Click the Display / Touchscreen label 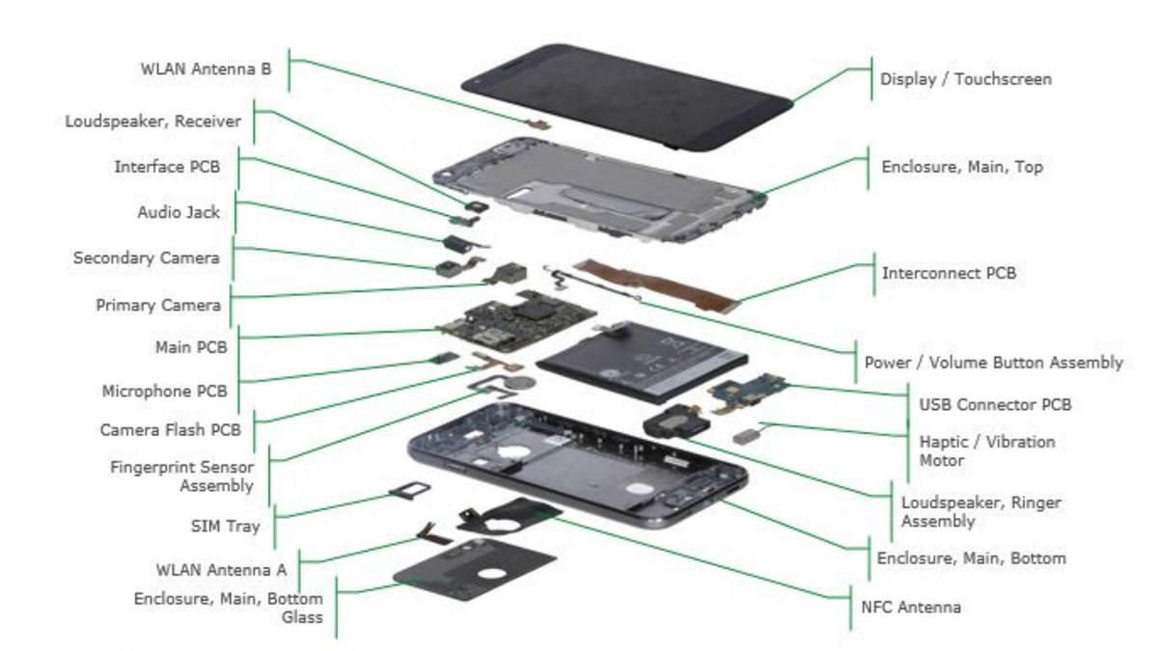coord(965,79)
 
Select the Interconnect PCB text coord(949,274)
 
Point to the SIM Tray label coord(224,527)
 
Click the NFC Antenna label coord(910,608)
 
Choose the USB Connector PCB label coord(994,405)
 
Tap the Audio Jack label coord(178,212)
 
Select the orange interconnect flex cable coord(656,285)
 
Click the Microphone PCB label coord(164,392)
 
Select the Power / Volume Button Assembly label coord(993,363)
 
